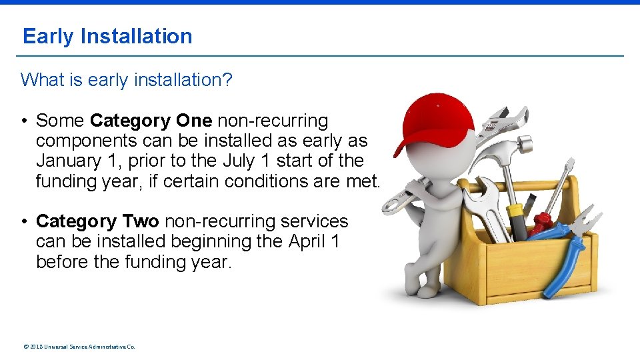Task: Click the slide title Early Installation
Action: tap(107, 36)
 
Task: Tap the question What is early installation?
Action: tap(127, 80)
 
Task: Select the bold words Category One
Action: tap(151, 121)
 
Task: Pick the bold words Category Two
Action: tap(97, 221)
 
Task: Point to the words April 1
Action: tap(314, 241)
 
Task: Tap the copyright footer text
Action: tap(79, 347)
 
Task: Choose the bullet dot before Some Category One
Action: tap(23, 121)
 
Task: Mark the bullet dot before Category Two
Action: tap(23, 221)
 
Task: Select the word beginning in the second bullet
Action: tap(215, 241)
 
